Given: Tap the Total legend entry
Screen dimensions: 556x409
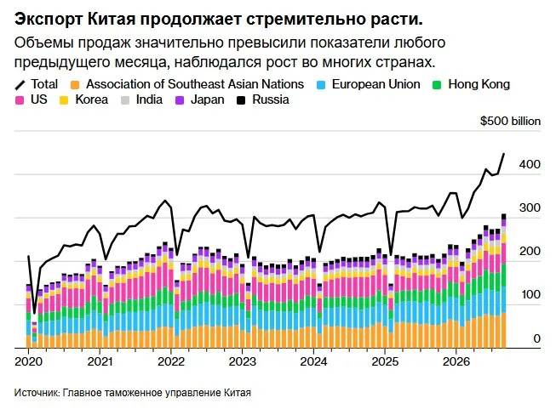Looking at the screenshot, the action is tap(36, 84).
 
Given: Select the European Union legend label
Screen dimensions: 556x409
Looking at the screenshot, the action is tap(375, 84).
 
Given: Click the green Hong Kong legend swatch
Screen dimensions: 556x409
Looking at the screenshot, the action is tap(437, 85).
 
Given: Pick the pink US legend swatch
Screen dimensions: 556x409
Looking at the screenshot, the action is tap(19, 100).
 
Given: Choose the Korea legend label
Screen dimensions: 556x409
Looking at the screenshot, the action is tap(91, 99).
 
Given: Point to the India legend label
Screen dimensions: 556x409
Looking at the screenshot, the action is tap(149, 99).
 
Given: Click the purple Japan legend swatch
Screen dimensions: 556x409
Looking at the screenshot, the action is tap(180, 100).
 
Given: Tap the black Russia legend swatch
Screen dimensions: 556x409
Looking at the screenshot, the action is tap(241, 100).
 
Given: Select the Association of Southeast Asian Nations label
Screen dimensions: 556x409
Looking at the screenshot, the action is tap(195, 84).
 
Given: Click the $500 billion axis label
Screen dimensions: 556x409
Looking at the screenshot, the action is tap(510, 121).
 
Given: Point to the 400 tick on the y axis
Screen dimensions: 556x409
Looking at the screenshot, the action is tap(530, 164).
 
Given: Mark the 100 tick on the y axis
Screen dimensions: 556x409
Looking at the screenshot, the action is tap(530, 294).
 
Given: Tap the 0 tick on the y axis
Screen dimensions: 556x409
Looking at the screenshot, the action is tap(537, 338).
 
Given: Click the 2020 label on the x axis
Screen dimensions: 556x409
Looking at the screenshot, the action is tap(28, 361).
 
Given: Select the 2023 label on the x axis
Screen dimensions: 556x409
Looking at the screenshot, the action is tap(242, 361).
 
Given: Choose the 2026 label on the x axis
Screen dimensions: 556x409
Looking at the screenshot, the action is tap(456, 361).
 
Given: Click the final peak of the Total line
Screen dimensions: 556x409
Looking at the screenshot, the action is tap(504, 154).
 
